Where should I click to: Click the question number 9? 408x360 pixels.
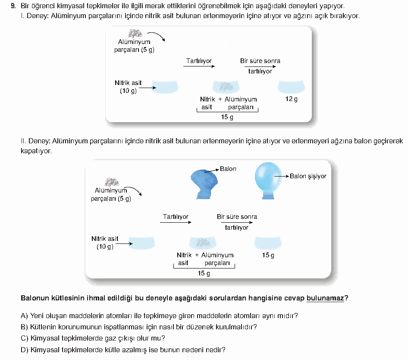tap(13, 6)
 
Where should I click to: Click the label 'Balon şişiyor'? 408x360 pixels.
tap(308, 177)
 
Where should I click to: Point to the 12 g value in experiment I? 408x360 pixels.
tap(292, 99)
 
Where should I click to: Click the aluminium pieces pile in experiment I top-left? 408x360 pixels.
tap(135, 33)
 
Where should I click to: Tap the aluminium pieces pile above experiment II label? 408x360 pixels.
tap(112, 182)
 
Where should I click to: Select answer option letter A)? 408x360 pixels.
tap(24, 316)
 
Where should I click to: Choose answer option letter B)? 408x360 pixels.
tap(24, 327)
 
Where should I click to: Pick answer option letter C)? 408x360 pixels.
tap(25, 338)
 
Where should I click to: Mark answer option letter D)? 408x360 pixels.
tap(25, 350)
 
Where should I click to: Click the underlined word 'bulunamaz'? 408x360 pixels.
tap(325, 298)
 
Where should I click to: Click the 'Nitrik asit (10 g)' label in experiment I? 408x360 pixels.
tap(128, 87)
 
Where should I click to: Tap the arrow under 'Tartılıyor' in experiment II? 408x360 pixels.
tap(176, 222)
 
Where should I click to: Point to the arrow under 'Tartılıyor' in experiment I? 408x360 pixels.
tap(199, 66)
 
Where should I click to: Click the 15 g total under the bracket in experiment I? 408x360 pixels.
tap(227, 117)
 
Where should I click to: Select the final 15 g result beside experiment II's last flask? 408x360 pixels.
tap(268, 255)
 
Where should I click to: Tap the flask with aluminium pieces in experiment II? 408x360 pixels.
tap(203, 242)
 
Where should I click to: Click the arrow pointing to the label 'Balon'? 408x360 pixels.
tap(211, 171)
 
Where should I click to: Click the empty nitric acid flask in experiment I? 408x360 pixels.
tap(165, 87)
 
